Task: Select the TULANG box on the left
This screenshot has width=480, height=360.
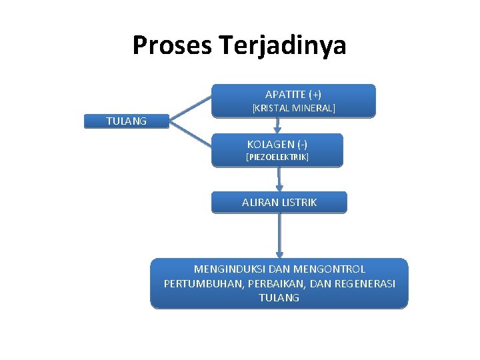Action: coord(127,121)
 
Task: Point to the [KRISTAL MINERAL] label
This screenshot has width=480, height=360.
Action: coord(293,107)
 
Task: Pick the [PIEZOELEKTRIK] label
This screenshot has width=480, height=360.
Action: coord(277,157)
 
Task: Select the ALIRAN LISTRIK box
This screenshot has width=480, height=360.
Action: coord(279,202)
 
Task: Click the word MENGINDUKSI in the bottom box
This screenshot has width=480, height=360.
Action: coord(224,269)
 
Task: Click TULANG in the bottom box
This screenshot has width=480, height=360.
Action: coord(279,298)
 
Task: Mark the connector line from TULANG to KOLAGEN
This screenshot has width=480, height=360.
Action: coord(192,133)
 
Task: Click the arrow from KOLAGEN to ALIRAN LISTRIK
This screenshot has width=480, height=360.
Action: coord(279,179)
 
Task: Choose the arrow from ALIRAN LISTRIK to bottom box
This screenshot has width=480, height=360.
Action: coord(279,235)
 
